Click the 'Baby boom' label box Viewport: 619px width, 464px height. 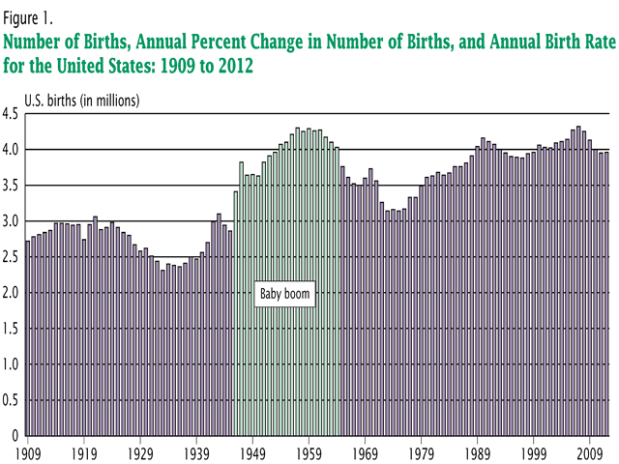(x=285, y=294)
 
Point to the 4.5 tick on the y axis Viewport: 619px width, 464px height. (x=12, y=114)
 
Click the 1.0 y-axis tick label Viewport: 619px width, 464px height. (x=12, y=364)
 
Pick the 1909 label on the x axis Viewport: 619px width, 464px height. (x=27, y=451)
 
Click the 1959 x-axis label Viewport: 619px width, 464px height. (x=309, y=451)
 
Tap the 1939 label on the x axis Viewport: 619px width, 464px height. (x=196, y=451)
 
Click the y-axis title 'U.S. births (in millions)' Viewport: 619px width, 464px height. (x=82, y=100)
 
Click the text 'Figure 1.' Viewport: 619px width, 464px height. (x=32, y=15)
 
